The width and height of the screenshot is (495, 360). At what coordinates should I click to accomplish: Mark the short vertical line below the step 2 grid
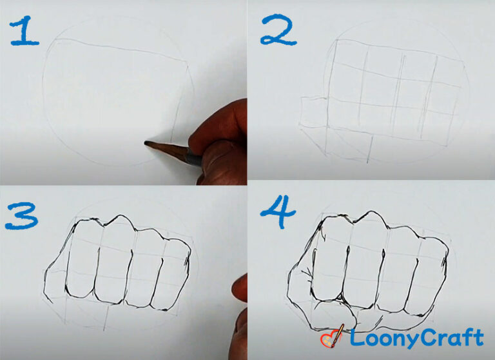(x=369, y=149)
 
